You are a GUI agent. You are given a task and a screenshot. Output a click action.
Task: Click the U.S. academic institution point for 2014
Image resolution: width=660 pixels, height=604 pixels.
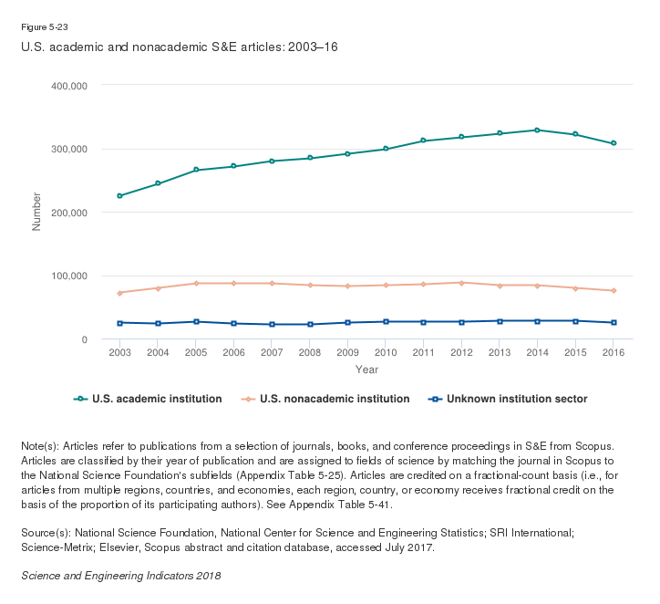point(537,130)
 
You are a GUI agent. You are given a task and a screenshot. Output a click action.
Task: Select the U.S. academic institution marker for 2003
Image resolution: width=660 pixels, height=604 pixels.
point(119,196)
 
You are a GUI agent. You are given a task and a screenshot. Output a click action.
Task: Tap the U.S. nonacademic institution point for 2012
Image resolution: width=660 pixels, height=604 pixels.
point(461,283)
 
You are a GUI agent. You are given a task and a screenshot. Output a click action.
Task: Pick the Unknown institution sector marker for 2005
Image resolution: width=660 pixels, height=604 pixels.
point(195,322)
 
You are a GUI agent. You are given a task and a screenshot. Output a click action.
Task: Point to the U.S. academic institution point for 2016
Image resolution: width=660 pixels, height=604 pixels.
point(614,143)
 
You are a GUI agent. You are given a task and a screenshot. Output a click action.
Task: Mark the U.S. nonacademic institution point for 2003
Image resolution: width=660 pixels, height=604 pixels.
point(119,293)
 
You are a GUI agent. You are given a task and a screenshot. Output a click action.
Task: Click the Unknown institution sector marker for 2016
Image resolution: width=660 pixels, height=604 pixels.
point(614,323)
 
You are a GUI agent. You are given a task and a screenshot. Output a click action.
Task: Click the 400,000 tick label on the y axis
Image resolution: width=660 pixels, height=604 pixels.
point(68,86)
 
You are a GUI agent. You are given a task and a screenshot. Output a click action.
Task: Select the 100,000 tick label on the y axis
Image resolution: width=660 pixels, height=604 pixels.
point(68,276)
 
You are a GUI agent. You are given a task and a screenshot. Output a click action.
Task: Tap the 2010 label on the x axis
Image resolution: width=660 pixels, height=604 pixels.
point(386,353)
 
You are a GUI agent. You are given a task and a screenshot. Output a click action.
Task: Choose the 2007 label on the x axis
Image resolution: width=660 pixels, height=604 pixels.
point(272,353)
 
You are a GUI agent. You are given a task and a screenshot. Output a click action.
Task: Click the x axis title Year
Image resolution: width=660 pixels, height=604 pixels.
point(366,370)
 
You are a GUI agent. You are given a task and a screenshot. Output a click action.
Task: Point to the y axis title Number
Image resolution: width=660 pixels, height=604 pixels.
point(37,212)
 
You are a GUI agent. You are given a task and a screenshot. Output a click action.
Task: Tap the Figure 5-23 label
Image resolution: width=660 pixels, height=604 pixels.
point(45,27)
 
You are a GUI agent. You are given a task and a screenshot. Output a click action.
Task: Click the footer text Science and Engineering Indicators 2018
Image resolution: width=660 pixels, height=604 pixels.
point(120,576)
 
